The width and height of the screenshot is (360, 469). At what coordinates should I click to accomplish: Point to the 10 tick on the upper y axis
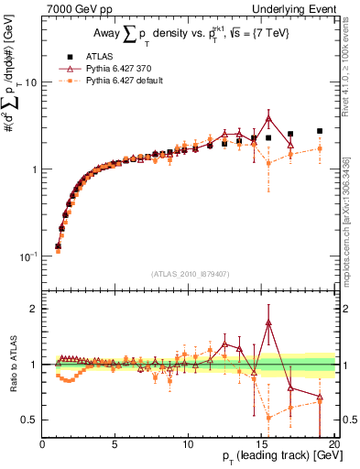click(x=30, y=82)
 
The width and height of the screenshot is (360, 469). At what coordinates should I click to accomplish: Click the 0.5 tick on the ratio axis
click(x=30, y=420)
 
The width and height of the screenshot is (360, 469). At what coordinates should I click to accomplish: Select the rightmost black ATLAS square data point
click(x=320, y=131)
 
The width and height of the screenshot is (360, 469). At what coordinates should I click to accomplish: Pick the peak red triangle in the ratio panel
click(x=268, y=322)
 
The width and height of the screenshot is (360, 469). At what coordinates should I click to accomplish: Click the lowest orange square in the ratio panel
click(x=268, y=418)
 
